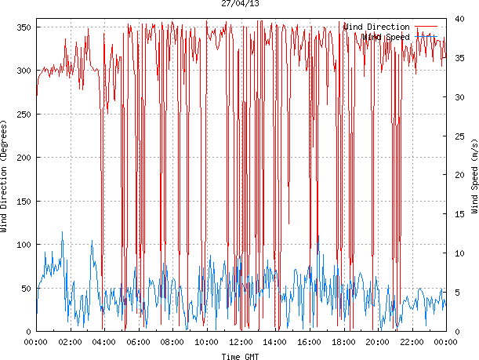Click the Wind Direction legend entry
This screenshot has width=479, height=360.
(376, 27)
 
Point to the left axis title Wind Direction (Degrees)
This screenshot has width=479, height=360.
(5, 177)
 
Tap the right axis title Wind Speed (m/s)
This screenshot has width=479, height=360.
(474, 178)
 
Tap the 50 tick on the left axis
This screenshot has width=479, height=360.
(24, 289)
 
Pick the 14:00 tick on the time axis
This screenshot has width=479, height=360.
(275, 342)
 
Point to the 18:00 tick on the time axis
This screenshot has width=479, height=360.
(343, 342)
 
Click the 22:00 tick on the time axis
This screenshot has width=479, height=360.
(412, 342)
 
